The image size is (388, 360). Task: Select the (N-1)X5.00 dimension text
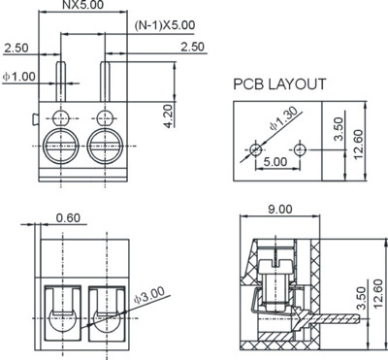(165, 25)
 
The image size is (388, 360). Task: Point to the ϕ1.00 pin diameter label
(19, 77)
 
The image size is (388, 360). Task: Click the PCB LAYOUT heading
(279, 84)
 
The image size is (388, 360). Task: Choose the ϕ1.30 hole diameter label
(282, 118)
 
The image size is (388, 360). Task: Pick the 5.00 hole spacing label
(275, 161)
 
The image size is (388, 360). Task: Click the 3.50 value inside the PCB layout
(339, 129)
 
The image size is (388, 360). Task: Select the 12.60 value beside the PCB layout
(358, 145)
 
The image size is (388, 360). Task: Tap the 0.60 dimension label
(68, 218)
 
